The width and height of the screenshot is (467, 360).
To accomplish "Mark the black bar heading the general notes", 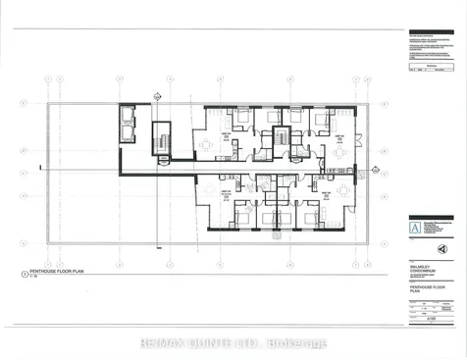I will [x=430, y=33].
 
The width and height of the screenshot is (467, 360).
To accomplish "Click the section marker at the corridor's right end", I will [x=376, y=170].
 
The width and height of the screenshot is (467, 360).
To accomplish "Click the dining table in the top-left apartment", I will [x=206, y=145].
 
